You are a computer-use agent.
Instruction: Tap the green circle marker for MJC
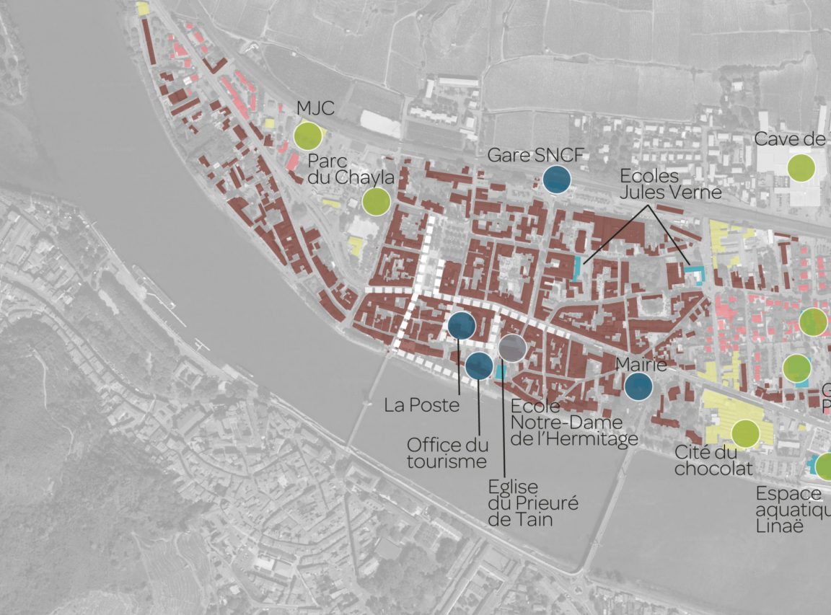(x=308, y=136)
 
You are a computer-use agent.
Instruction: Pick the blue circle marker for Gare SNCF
(x=556, y=180)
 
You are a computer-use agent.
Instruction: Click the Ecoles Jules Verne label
(x=670, y=185)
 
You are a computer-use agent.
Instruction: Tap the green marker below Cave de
(x=801, y=167)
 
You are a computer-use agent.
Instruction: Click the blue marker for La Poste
(x=461, y=326)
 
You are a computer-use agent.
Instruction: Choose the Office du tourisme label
(x=447, y=453)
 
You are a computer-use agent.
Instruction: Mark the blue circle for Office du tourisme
(x=479, y=366)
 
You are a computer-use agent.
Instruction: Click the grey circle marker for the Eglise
(x=512, y=348)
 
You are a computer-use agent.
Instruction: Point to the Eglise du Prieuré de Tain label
(x=523, y=503)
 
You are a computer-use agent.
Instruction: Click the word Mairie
(x=640, y=366)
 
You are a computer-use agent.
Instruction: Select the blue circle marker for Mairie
(x=638, y=386)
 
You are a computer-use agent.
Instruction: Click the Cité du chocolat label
(x=713, y=461)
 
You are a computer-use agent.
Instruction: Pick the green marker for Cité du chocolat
(x=745, y=433)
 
